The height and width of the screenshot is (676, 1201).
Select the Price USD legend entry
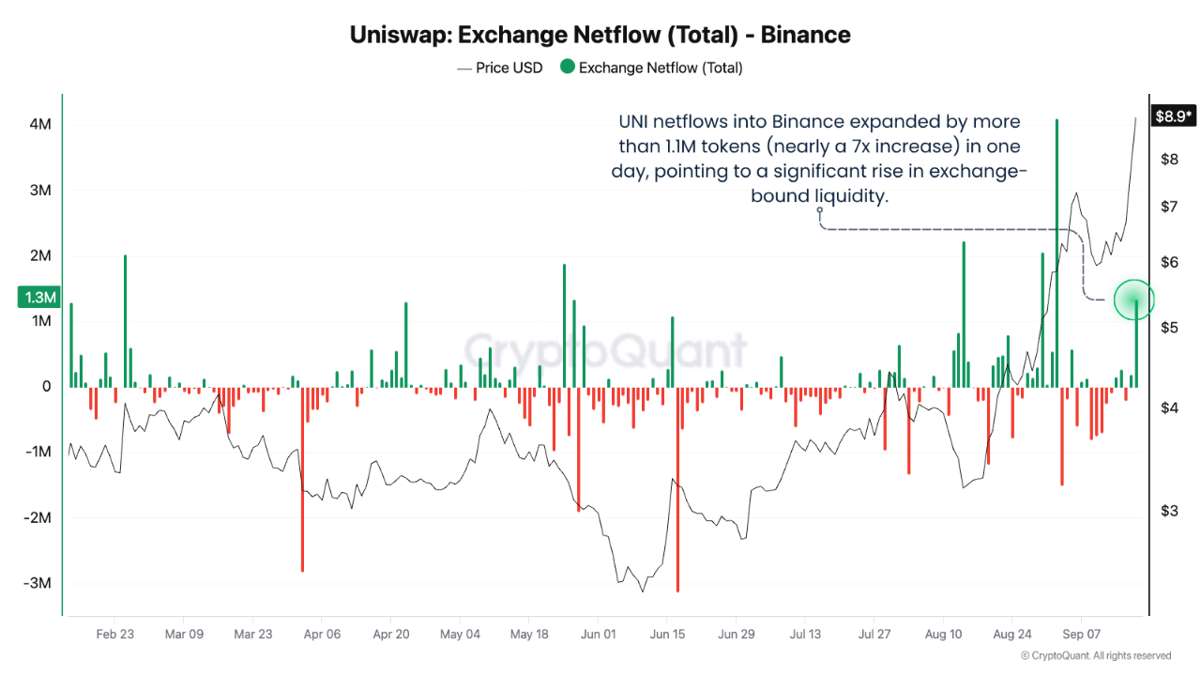coord(500,69)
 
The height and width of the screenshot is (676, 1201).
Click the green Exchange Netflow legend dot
coord(568,67)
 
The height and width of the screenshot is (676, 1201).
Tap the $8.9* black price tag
coord(1173,115)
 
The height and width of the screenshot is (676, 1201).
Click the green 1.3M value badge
coord(39,298)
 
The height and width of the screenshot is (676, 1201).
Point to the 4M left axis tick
coord(40,125)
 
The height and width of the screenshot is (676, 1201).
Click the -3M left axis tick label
coord(38,583)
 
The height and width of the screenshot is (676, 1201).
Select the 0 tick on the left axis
coord(47,386)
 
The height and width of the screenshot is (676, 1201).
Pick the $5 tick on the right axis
coord(1169,328)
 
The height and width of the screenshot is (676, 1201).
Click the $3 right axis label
coord(1169,511)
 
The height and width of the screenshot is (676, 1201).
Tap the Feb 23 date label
coord(114,634)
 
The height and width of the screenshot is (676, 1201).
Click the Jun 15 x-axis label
coord(667,634)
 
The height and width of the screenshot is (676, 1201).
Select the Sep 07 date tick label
coord(1081,634)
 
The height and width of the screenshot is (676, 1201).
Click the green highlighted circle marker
coord(1134,300)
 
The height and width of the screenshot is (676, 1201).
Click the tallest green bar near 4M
coord(1057,253)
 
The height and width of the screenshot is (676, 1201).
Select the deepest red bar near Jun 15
coord(677,489)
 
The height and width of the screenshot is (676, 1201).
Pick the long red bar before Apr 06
coord(302,480)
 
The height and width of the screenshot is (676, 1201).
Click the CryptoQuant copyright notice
coord(1096,655)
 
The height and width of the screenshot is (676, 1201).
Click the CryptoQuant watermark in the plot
coord(605,351)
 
